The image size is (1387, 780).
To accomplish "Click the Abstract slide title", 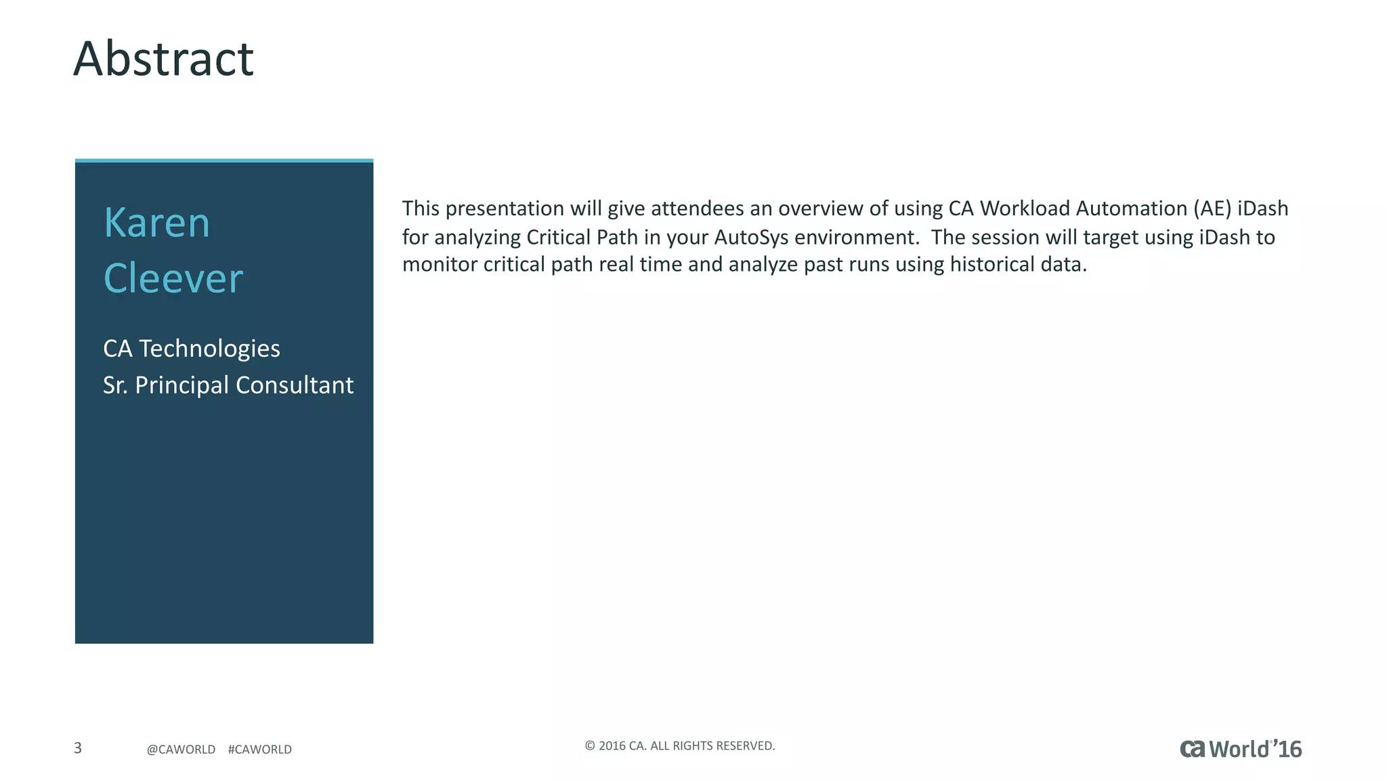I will coord(163,59).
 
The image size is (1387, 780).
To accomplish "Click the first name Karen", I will coord(156,223).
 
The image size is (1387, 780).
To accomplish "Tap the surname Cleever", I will coord(173,278).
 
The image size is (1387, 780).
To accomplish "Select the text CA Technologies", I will coord(191,349).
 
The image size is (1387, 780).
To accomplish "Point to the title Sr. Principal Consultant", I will coord(228,385).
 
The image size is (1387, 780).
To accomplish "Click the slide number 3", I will coord(78,748).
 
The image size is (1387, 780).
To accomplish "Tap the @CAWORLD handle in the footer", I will coord(181,750).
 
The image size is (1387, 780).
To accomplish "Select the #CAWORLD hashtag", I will coord(260,750).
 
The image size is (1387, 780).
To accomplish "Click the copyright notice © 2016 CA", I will coord(679,746).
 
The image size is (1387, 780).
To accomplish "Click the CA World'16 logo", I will coord(1240,749).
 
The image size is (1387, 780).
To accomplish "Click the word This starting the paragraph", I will coord(421,209).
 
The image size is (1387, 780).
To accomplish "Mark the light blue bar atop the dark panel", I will coord(224,160).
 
